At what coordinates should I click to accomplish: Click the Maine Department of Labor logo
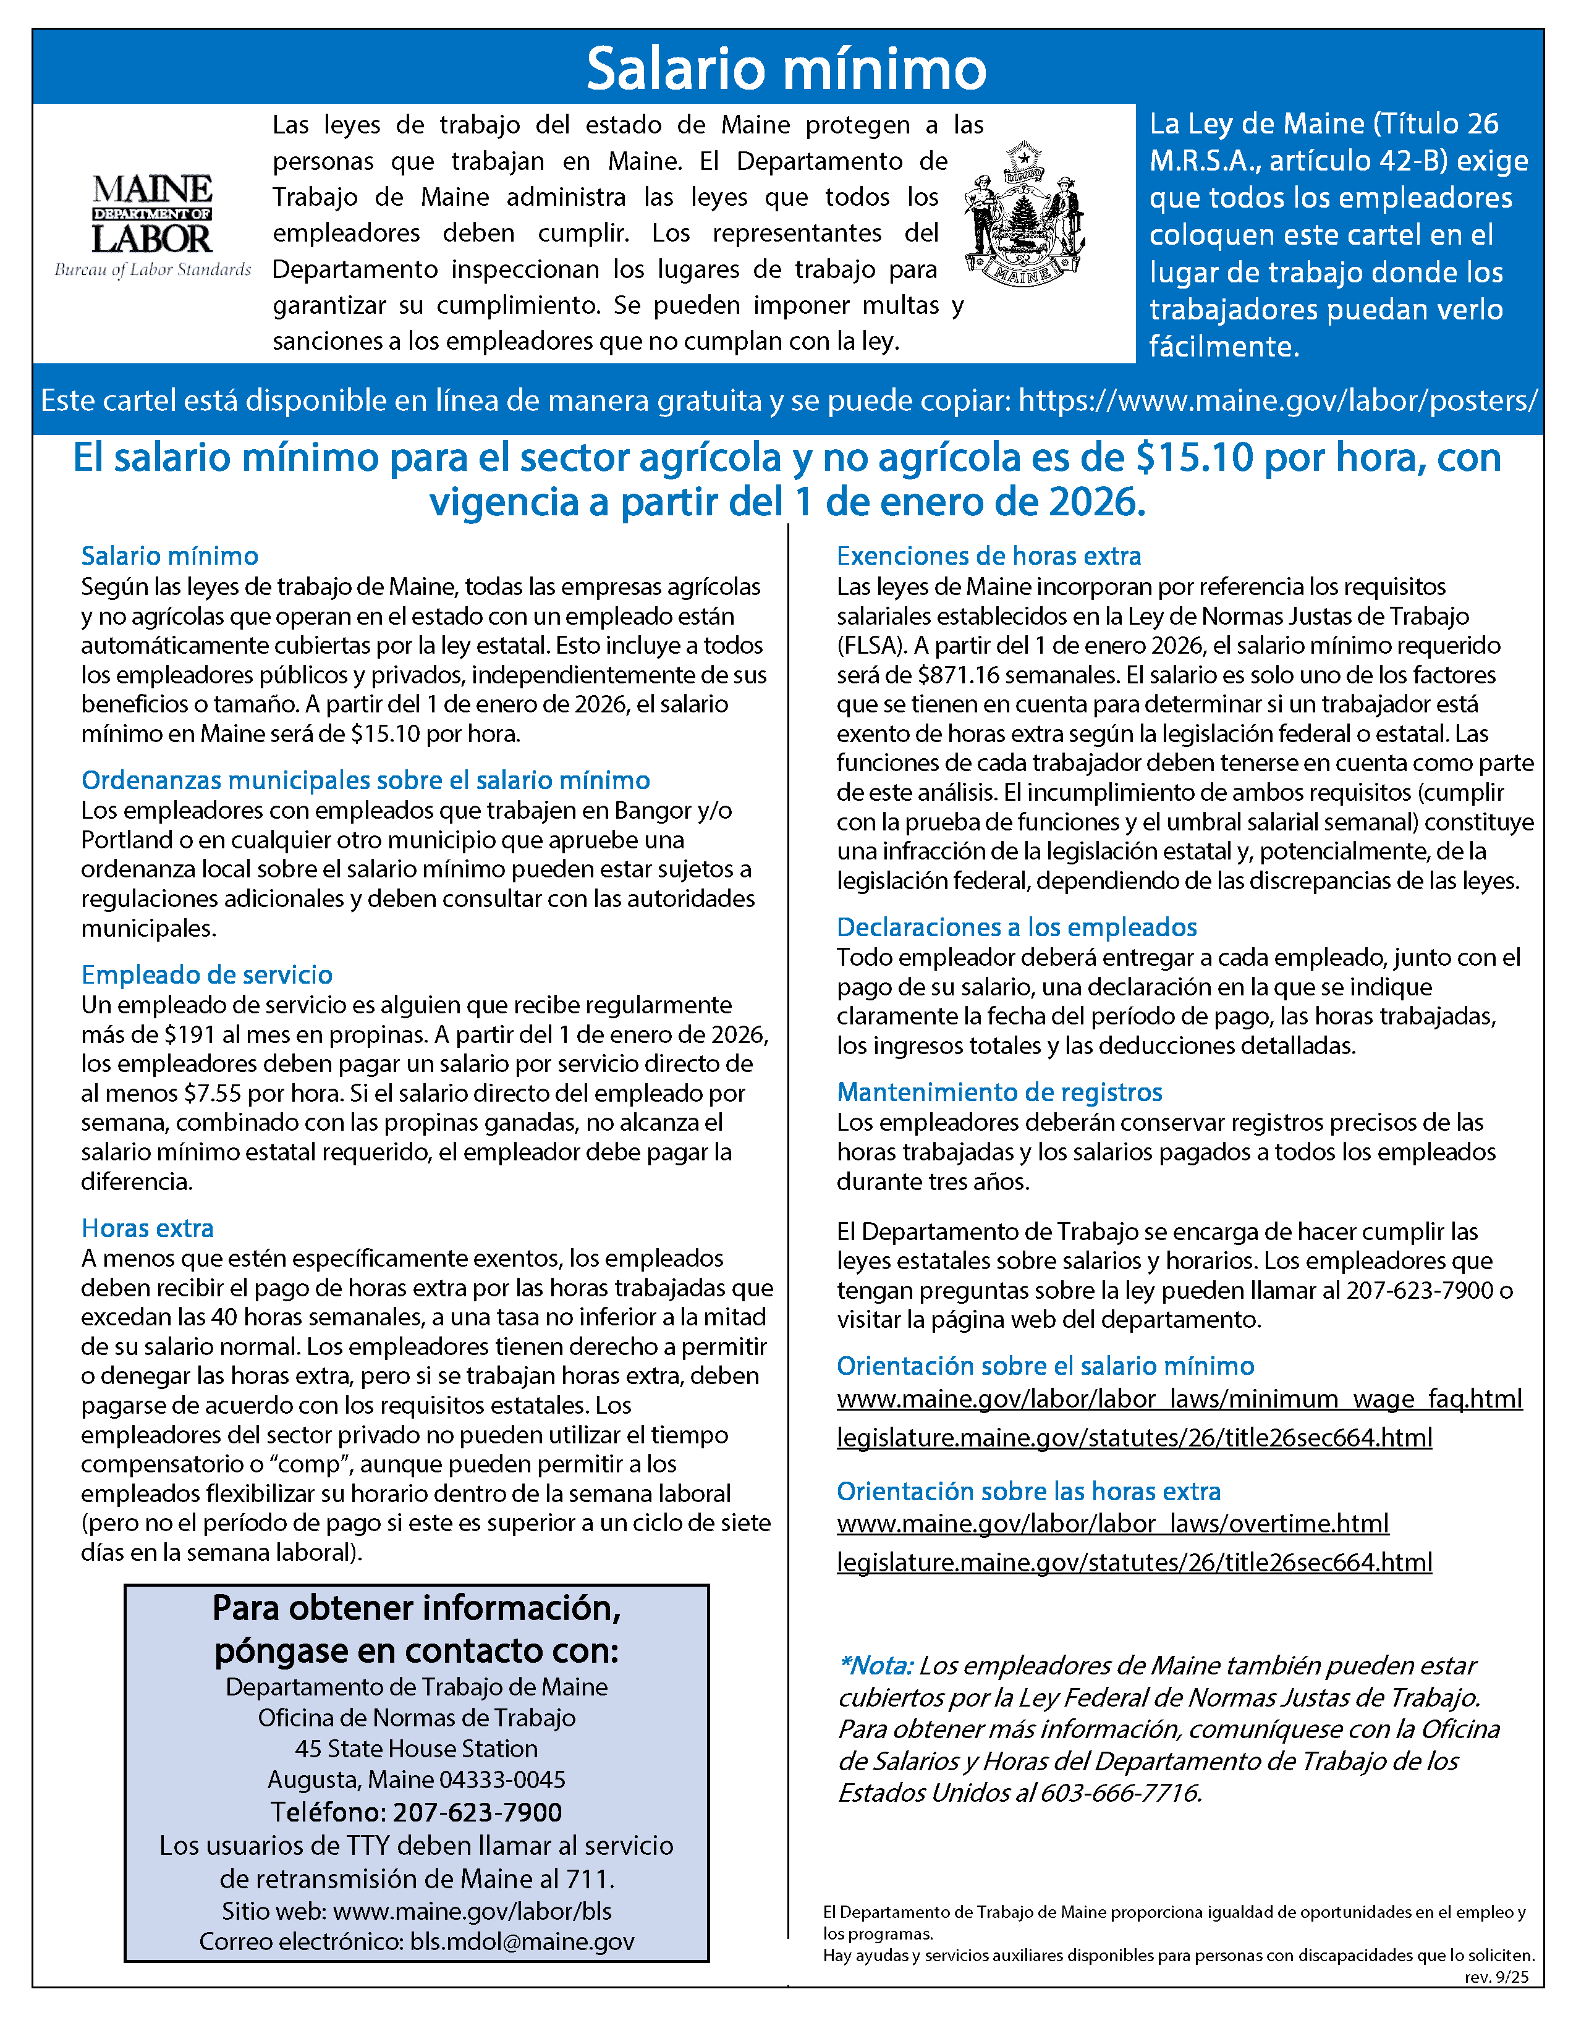click(x=152, y=225)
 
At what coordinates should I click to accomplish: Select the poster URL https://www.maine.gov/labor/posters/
click(x=1277, y=400)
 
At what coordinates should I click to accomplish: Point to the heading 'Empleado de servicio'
click(x=206, y=974)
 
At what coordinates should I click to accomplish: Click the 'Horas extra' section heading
click(x=148, y=1228)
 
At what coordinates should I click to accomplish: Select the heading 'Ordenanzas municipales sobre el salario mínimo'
click(x=365, y=780)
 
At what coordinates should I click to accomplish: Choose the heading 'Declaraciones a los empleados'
click(x=1016, y=927)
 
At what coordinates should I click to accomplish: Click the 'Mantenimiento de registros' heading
click(x=999, y=1092)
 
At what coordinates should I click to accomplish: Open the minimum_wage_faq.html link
click(x=1178, y=1398)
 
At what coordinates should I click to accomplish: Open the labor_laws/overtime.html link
click(x=1112, y=1524)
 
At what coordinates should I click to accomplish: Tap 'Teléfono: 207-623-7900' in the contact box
click(x=417, y=1812)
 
